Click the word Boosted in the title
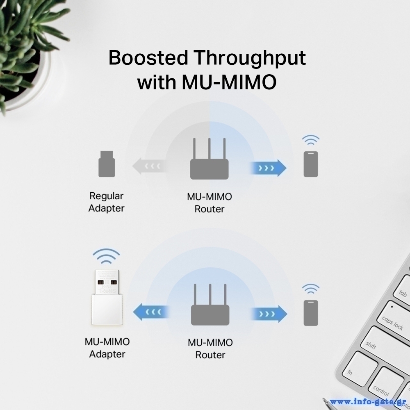[147, 58]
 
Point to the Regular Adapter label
[106, 202]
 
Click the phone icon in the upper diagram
[311, 164]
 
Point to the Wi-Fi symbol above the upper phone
[311, 141]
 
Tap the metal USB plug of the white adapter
[106, 282]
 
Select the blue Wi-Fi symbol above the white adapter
[106, 256]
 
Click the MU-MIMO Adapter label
[107, 348]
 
